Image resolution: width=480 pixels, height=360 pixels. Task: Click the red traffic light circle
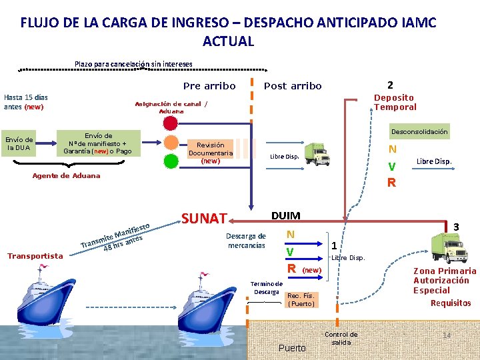coord(172,123)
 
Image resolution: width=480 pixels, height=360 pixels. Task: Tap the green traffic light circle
coord(172,163)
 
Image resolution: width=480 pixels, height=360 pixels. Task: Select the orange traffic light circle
coord(172,143)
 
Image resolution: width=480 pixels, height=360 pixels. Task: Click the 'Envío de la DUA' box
coord(19,143)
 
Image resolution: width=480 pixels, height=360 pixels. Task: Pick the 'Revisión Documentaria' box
coord(211,153)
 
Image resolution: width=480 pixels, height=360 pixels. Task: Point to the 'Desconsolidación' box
coord(419,131)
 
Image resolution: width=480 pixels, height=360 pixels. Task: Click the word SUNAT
coord(205,218)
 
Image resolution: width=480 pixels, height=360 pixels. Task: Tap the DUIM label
coord(285,215)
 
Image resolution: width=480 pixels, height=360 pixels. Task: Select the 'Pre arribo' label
coord(209,86)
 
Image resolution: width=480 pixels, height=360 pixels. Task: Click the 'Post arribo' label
coord(293,86)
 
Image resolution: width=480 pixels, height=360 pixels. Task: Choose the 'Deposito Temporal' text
coord(395,102)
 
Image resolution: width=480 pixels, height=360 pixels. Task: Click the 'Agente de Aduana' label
coord(66,175)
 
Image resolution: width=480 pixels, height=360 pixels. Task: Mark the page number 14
coord(447,334)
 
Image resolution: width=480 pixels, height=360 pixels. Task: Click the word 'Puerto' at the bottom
coord(292,348)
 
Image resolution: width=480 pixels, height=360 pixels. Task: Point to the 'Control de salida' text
coord(341,338)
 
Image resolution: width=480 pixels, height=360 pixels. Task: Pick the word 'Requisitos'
coord(450,303)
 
